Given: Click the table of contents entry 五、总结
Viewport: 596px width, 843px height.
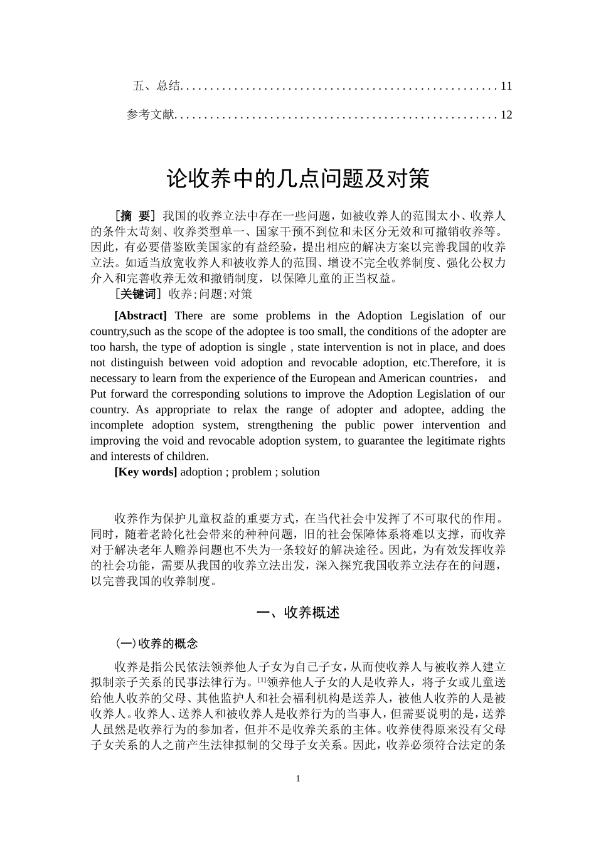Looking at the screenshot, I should coord(156,86).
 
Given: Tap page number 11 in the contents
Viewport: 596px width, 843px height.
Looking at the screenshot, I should coord(506,86).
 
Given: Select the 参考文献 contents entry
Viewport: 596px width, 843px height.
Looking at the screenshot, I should coord(150,115).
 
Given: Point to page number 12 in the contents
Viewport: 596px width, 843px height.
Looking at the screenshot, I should coord(506,115).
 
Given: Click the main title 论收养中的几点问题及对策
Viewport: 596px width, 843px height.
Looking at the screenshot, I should coord(298,179).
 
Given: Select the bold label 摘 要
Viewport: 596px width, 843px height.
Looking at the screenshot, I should coord(136,216).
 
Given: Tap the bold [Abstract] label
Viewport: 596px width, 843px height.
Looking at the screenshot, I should coord(141,315).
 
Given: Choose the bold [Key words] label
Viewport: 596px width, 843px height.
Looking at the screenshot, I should coord(146,472).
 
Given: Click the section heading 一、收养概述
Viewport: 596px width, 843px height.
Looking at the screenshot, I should coord(298,613).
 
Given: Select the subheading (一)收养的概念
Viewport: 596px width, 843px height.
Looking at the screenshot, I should coord(157,644).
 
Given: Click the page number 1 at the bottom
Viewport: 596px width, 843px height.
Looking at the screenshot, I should coord(298,778).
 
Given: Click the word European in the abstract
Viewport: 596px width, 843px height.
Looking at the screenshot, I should coord(335,378).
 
